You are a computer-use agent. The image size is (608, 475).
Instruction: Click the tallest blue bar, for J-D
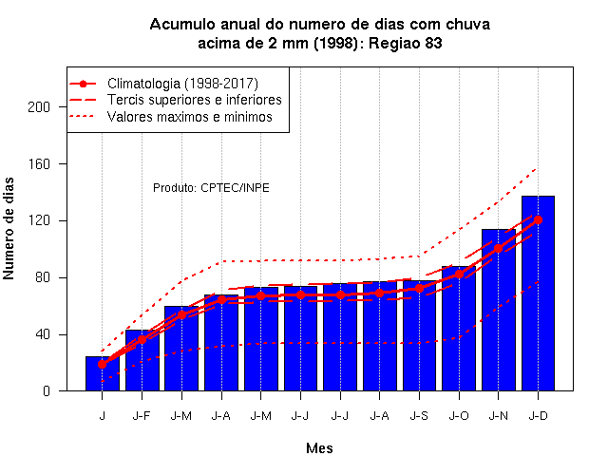[x=538, y=294]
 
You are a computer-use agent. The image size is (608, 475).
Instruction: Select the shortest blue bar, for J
[x=102, y=373]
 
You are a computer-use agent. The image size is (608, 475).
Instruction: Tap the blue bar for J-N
[x=498, y=310]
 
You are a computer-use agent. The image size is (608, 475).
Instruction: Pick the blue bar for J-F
[x=142, y=360]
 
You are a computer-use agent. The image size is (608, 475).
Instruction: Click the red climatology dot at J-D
[x=538, y=219]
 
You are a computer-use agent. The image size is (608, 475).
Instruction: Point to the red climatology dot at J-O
[x=459, y=274]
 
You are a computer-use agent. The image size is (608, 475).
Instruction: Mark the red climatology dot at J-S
[x=419, y=288]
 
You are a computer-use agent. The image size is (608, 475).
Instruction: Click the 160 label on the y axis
[x=39, y=164]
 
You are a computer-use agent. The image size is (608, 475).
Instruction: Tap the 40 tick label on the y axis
[x=43, y=334]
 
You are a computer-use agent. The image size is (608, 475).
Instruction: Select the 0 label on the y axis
[x=47, y=391]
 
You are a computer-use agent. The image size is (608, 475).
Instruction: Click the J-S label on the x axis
[x=419, y=416]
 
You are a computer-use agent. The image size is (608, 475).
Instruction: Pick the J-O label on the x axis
[x=459, y=416]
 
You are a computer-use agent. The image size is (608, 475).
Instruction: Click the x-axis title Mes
[x=319, y=448]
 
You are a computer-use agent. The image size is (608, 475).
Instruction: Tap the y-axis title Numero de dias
[x=9, y=229]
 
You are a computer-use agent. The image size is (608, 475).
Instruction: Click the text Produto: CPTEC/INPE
[x=211, y=188]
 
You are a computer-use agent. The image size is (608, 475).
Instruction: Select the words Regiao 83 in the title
[x=406, y=43]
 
